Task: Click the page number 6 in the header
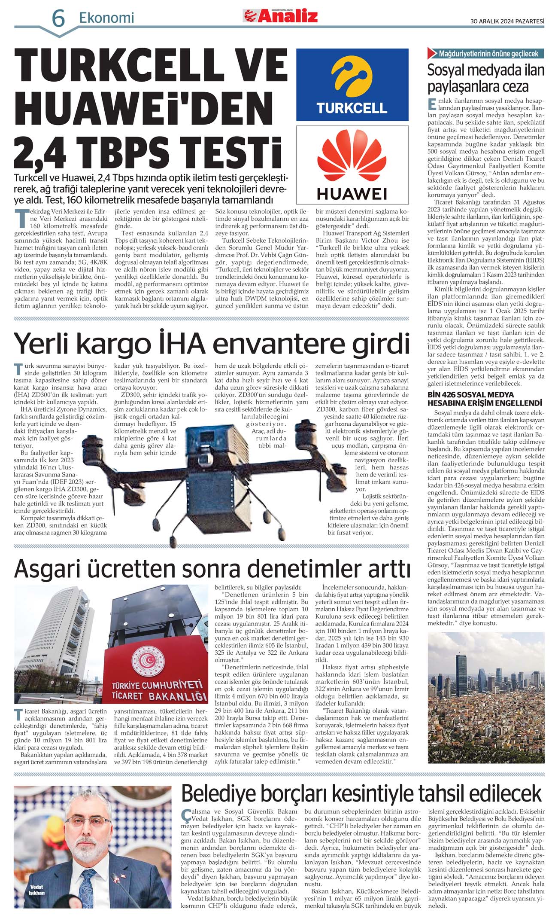click(x=58, y=18)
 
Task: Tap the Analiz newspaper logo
click(x=281, y=16)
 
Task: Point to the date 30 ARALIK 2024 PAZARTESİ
click(x=507, y=21)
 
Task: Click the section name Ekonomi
click(x=106, y=18)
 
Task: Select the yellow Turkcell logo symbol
click(x=352, y=77)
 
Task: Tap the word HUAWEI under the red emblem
click(x=352, y=194)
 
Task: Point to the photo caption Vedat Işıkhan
click(x=37, y=890)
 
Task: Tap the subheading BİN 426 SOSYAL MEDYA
click(x=470, y=394)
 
